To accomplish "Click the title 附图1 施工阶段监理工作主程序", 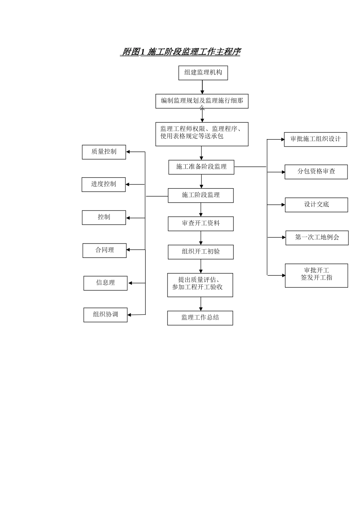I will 180,52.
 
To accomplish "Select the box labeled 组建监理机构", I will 203,73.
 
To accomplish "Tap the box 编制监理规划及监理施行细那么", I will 202,101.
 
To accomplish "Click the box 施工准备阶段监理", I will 201,167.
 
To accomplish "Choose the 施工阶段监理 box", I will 201,195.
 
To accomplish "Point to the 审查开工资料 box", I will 201,224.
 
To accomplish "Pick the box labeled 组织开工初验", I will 201,252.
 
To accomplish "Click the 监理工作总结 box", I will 200,318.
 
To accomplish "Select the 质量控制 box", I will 104,152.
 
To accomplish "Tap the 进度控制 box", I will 103,184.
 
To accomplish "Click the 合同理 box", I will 105,250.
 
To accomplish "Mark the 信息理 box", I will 105,283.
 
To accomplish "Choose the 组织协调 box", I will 105,315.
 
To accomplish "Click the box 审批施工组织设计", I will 316,139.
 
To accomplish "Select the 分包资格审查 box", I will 316,172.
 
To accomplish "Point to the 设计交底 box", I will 316,205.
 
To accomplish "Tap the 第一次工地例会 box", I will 317,238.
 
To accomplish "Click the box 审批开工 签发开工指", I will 316,275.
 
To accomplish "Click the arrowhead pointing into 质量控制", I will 128,152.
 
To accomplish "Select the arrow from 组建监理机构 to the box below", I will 202,87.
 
